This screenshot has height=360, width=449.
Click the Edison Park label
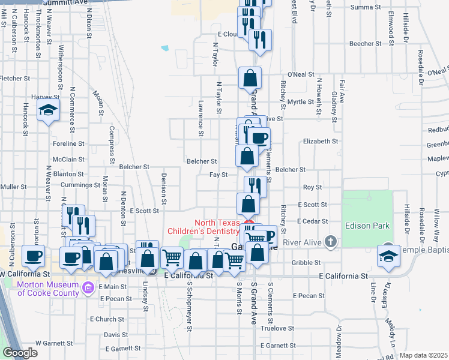(x=367, y=226)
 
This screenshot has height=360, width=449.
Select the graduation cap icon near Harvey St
(x=48, y=110)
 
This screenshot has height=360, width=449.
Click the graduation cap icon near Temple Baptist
(x=388, y=256)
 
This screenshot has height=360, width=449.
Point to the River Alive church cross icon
(x=330, y=242)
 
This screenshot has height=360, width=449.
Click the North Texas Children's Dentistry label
(x=204, y=226)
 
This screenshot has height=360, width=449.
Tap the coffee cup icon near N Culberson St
(x=34, y=255)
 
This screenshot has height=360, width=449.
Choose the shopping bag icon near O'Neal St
(x=250, y=77)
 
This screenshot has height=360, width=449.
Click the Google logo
(x=20, y=353)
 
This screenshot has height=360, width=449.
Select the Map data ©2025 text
(x=423, y=355)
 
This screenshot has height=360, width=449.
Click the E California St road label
(x=343, y=275)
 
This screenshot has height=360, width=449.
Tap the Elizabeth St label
(x=321, y=141)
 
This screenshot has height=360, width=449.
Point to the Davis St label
(x=112, y=335)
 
